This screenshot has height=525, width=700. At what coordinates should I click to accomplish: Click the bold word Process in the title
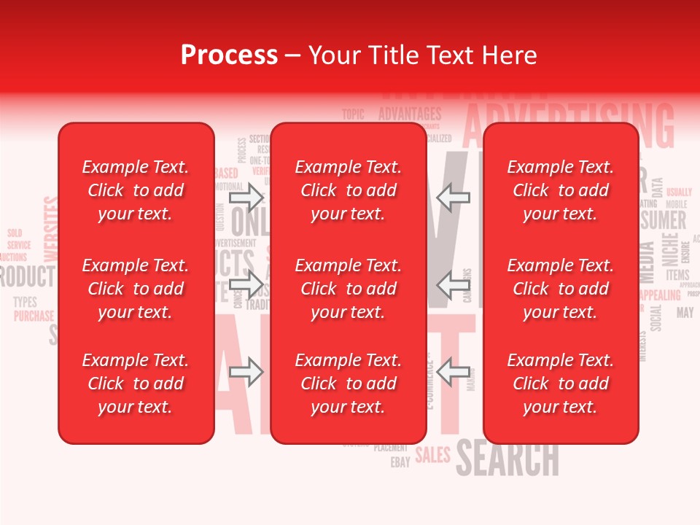pyautogui.click(x=229, y=55)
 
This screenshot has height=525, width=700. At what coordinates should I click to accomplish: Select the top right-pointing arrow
pyautogui.click(x=247, y=197)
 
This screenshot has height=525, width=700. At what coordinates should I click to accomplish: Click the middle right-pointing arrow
pyautogui.click(x=247, y=284)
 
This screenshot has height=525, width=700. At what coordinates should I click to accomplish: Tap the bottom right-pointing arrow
pyautogui.click(x=247, y=373)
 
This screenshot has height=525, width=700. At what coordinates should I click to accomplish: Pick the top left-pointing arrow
pyautogui.click(x=454, y=197)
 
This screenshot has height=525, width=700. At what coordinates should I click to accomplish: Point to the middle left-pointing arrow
pyautogui.click(x=454, y=284)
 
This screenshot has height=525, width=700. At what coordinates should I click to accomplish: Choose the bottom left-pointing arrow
pyautogui.click(x=454, y=373)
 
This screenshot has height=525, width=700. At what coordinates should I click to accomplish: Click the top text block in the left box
pyautogui.click(x=136, y=190)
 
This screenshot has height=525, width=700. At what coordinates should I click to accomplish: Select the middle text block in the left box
pyautogui.click(x=136, y=289)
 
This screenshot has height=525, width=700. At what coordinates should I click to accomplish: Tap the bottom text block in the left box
pyautogui.click(x=136, y=384)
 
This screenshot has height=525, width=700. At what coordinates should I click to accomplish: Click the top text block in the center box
pyautogui.click(x=348, y=190)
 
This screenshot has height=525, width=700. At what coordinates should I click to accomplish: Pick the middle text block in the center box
pyautogui.click(x=348, y=289)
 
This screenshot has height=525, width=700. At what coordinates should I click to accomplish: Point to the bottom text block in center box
pyautogui.click(x=348, y=384)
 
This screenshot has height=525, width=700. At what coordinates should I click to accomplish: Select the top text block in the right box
pyautogui.click(x=560, y=190)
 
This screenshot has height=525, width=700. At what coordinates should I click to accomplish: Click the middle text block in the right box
pyautogui.click(x=560, y=289)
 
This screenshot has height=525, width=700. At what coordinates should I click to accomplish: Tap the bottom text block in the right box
pyautogui.click(x=560, y=384)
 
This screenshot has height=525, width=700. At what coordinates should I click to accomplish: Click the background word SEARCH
pyautogui.click(x=507, y=459)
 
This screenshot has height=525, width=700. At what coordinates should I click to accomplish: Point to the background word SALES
pyautogui.click(x=433, y=456)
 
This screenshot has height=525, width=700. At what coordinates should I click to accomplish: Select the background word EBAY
pyautogui.click(x=400, y=462)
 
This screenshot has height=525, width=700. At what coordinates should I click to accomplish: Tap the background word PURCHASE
pyautogui.click(x=34, y=316)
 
